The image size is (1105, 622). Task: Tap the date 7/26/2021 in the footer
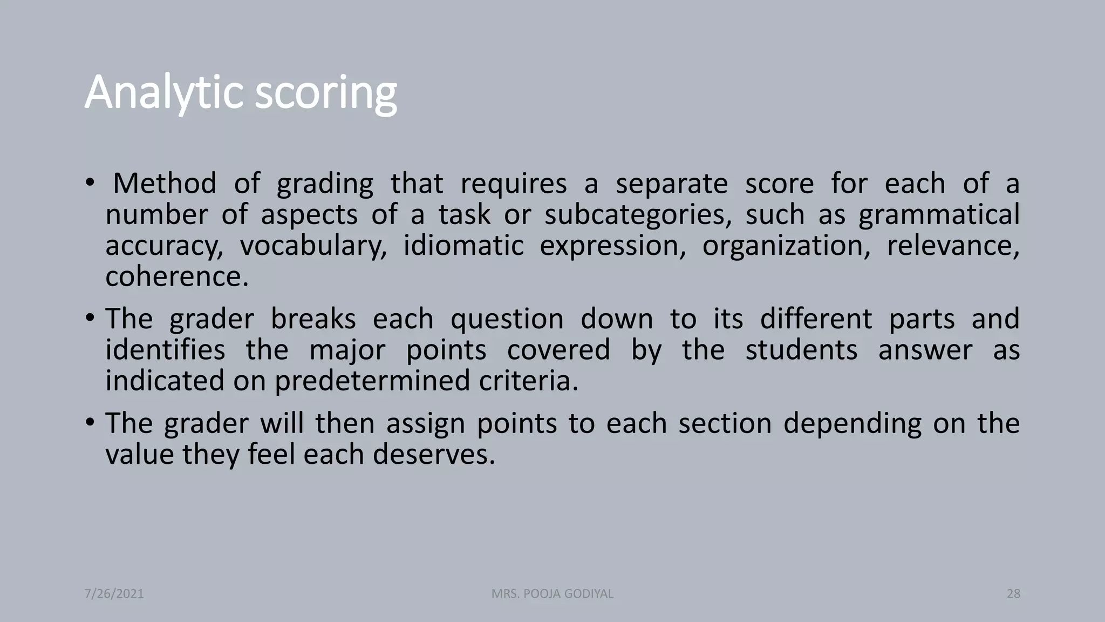point(114,594)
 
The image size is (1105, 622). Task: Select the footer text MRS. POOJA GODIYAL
point(552,594)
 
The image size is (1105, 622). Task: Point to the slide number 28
point(1013,594)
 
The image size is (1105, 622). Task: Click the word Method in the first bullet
point(165,184)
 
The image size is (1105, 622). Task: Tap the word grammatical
point(939,215)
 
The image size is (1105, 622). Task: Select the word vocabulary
point(313,246)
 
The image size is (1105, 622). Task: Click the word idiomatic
point(463,246)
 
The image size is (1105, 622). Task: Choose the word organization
point(786,246)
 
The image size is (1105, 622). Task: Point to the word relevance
point(953,246)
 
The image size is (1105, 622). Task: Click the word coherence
point(177,277)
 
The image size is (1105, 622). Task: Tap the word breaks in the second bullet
point(313,319)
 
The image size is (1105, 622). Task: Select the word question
point(507,319)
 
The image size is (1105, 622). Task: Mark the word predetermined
point(373,381)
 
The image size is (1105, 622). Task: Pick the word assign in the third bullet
point(425,423)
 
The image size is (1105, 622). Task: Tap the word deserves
point(434,455)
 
